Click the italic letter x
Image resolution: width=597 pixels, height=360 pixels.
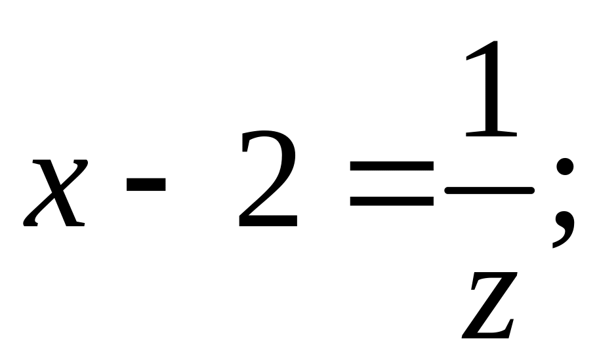coord(55,193)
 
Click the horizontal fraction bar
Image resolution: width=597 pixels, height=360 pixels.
coord(489,190)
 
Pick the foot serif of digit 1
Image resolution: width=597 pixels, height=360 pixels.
coord(489,134)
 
